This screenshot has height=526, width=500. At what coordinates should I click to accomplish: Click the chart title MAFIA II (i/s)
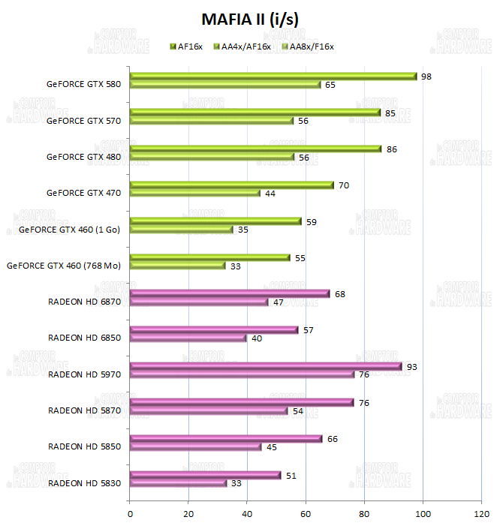click(x=250, y=18)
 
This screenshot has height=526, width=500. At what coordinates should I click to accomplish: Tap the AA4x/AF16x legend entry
click(x=245, y=47)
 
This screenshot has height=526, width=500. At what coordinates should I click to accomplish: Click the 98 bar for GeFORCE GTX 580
click(x=273, y=77)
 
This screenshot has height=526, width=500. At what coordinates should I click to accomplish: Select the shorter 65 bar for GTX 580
click(x=225, y=85)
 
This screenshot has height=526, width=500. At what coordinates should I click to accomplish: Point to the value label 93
click(x=411, y=367)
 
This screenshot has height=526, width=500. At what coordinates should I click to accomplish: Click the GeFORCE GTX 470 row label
click(x=84, y=193)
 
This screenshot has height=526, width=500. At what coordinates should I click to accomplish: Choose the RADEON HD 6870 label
click(x=85, y=302)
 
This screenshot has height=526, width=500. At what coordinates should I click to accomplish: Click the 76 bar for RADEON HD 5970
click(x=242, y=374)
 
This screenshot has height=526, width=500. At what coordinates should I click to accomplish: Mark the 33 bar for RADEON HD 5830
click(x=178, y=483)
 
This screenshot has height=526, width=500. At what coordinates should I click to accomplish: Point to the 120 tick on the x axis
click(x=480, y=514)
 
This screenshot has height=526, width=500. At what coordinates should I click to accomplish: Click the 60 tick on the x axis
click(x=306, y=514)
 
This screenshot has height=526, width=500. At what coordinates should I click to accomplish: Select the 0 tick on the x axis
click(x=131, y=514)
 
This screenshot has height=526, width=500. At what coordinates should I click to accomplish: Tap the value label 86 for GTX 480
click(x=391, y=149)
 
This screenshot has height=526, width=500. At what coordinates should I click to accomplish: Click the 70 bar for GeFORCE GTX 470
click(x=232, y=185)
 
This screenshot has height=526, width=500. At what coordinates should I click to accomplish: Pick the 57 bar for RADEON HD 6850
click(x=214, y=330)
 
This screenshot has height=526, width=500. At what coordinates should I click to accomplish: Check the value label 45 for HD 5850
click(x=271, y=448)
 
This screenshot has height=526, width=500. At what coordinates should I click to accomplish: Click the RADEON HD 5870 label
click(x=85, y=410)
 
